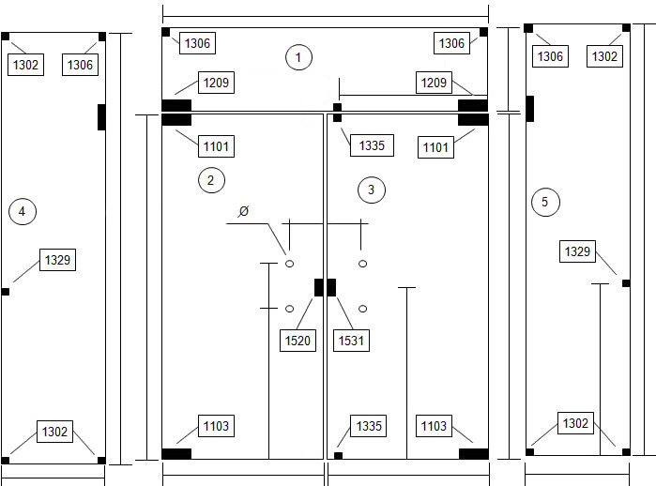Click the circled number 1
(x=298, y=57)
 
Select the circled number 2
(x=211, y=180)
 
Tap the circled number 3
(x=372, y=190)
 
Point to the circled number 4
(x=23, y=212)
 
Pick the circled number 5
(x=545, y=202)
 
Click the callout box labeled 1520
(x=297, y=341)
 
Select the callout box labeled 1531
(x=351, y=341)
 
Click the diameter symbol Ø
(x=243, y=211)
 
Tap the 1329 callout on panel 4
(x=58, y=260)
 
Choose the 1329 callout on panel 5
(x=577, y=251)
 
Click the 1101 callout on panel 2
(x=216, y=146)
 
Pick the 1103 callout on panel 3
(x=434, y=426)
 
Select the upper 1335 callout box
(x=372, y=145)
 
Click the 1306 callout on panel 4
(x=80, y=65)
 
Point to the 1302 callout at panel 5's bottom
(x=575, y=423)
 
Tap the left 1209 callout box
(x=216, y=83)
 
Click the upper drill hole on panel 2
(x=289, y=264)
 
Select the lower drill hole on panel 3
(x=363, y=309)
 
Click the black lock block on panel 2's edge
(x=319, y=287)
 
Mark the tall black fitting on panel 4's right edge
(x=101, y=117)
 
